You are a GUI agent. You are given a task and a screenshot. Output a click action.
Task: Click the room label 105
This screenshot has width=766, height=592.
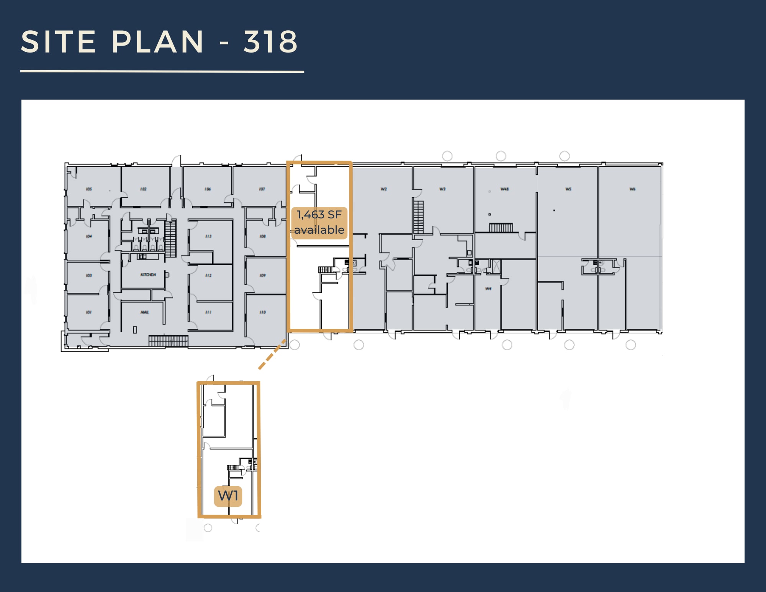(x=89, y=189)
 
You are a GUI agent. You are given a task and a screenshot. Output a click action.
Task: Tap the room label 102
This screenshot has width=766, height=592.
(x=143, y=189)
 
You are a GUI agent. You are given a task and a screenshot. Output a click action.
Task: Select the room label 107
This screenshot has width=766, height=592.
(x=262, y=189)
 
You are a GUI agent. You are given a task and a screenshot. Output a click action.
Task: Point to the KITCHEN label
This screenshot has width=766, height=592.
(x=148, y=275)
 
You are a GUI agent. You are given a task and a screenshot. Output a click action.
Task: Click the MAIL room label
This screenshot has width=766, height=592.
(x=144, y=312)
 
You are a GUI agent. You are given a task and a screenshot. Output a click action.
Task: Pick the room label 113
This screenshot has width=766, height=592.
(x=208, y=236)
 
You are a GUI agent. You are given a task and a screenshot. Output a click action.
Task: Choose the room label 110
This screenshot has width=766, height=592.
(x=262, y=312)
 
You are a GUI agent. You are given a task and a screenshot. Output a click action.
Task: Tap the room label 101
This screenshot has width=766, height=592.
(x=89, y=312)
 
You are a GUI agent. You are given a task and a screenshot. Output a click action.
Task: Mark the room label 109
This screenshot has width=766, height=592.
(x=262, y=275)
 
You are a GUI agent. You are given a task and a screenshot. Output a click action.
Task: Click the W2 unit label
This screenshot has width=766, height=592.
(x=384, y=189)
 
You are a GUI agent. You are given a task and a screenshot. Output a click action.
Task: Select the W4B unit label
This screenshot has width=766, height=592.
(x=504, y=189)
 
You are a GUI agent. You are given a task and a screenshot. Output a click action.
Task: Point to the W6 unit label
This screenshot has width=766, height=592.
(x=632, y=189)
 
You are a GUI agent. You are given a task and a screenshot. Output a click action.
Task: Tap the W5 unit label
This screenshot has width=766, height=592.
(x=568, y=189)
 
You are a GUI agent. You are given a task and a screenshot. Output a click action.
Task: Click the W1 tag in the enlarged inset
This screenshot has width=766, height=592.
(x=228, y=496)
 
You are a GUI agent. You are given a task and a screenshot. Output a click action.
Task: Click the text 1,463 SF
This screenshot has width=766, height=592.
(x=319, y=215)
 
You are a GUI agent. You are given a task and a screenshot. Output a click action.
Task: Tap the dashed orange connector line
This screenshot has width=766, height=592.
(x=272, y=354)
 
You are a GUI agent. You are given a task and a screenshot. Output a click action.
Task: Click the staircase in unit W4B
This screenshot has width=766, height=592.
(x=501, y=228)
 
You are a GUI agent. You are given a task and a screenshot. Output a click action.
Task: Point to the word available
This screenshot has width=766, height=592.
(x=319, y=230)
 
